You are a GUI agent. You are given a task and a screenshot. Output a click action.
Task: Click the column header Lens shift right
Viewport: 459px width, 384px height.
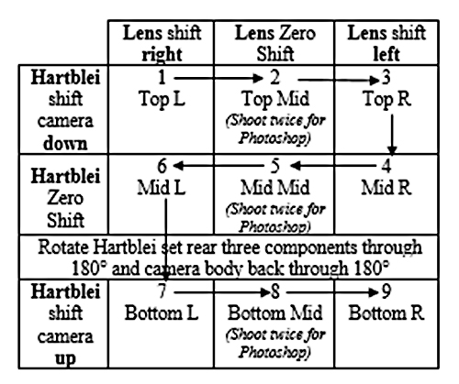point(162,43)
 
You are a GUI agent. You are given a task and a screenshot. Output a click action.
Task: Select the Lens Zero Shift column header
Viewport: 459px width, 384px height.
point(274,43)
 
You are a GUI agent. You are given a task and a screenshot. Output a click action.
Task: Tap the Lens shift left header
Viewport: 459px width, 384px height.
point(386,43)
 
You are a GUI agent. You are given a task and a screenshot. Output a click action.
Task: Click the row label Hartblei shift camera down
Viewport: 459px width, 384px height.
point(65,110)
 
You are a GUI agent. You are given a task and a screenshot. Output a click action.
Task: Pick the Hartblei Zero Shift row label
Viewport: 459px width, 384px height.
point(65,198)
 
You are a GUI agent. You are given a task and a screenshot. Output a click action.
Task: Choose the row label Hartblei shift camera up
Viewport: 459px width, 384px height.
point(65,324)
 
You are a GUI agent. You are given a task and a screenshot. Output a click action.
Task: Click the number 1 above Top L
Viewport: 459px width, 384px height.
point(162,77)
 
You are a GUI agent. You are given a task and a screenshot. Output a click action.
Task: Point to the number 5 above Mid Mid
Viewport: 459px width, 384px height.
point(275,166)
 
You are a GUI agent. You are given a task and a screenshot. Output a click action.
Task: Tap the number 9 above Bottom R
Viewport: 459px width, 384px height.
point(386,291)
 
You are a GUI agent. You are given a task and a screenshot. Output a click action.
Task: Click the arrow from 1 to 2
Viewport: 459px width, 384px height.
point(218,79)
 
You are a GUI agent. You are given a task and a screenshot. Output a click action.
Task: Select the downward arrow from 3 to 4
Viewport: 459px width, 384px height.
point(392,135)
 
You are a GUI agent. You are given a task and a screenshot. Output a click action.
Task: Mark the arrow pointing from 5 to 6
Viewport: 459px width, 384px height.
point(218,166)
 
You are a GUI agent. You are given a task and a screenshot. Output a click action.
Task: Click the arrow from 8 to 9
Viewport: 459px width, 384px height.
point(332,292)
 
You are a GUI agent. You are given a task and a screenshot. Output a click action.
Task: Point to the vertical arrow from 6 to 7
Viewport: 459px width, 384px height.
point(165,240)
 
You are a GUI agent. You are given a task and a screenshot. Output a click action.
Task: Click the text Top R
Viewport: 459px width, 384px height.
point(386,99)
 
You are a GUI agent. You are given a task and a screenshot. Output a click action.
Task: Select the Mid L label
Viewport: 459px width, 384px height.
point(162,187)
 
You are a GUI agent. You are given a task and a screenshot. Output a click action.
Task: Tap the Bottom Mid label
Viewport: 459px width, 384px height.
point(274,313)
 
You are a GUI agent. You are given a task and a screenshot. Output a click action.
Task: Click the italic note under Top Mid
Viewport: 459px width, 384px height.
point(275,128)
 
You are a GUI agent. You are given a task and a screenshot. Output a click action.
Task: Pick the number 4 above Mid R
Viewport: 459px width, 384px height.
point(386,166)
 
